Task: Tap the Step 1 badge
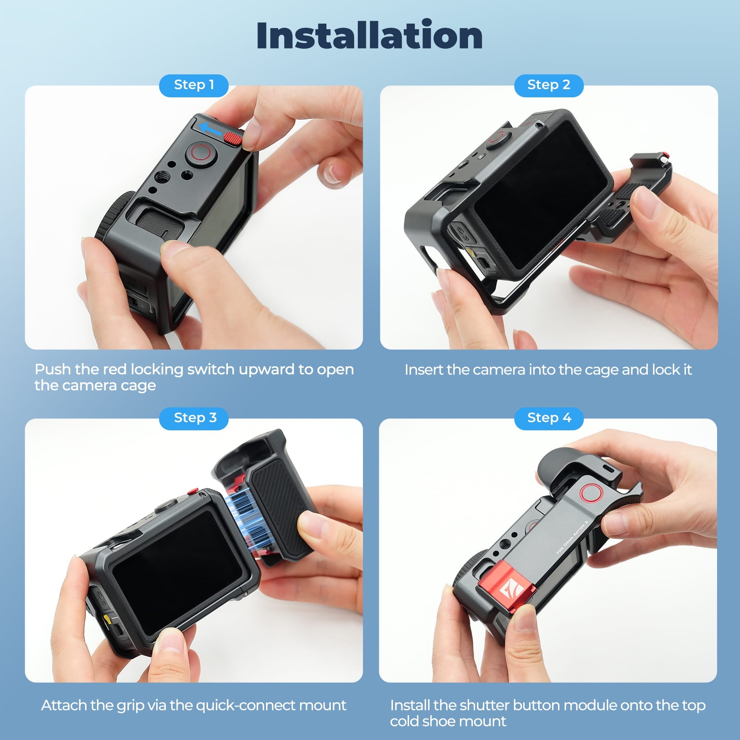coord(194,85)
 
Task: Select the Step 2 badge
coord(548,85)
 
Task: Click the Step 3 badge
coord(194,418)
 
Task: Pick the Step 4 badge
coord(548,418)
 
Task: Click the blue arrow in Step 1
coord(211,129)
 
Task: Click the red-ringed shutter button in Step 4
coord(591,492)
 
